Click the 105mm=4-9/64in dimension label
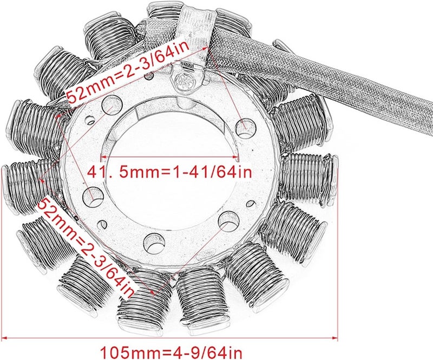tap(171, 352)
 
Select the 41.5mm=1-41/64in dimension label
tap(169, 172)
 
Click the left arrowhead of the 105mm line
tap(4, 338)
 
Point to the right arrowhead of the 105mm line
tap(335, 338)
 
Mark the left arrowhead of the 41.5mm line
tap(103, 157)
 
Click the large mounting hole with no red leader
tap(154, 243)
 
